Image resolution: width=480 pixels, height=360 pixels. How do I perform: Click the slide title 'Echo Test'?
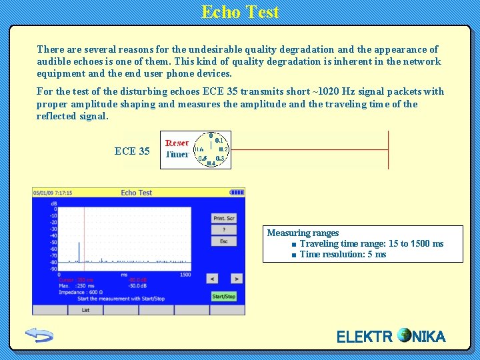(240, 12)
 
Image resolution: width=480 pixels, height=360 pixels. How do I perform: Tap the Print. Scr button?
(224, 219)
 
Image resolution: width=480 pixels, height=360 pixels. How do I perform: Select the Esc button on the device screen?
(224, 241)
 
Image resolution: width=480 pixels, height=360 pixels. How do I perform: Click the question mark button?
(224, 230)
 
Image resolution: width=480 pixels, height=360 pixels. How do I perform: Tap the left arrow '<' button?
(211, 278)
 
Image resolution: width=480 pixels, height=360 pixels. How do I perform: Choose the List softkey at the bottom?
(85, 310)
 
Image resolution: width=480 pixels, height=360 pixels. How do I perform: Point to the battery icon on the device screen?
(237, 193)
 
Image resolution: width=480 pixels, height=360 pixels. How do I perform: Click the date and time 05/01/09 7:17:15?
(53, 193)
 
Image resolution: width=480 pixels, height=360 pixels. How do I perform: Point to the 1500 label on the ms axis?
(185, 275)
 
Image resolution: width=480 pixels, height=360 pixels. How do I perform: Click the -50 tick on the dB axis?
(53, 242)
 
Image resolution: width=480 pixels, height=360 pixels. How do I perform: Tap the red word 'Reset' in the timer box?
(177, 143)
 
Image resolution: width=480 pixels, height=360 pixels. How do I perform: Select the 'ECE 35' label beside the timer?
(132, 151)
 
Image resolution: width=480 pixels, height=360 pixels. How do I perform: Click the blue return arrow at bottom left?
(39, 335)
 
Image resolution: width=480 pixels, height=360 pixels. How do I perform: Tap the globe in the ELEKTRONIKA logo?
(404, 335)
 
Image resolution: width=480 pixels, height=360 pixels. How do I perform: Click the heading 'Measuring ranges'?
(303, 233)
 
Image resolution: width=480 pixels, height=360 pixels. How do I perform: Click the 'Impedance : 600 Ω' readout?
(81, 292)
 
